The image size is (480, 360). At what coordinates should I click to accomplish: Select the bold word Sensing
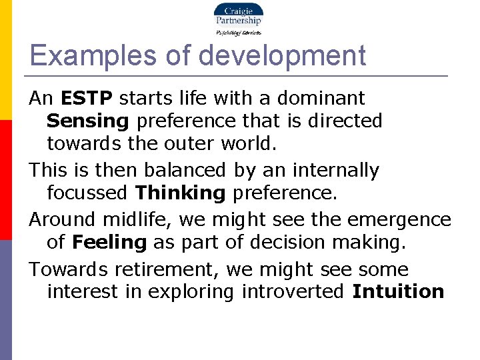click(x=87, y=121)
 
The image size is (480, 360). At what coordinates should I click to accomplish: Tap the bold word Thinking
click(x=181, y=193)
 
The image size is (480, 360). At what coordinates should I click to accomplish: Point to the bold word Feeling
click(x=109, y=242)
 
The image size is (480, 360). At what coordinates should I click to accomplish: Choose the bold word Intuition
click(x=398, y=291)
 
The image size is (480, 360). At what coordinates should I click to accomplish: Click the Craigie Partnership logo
click(x=238, y=18)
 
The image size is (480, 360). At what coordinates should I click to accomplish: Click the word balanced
click(x=189, y=170)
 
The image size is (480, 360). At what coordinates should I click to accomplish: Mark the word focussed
click(x=88, y=193)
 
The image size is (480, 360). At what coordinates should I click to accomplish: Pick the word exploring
click(x=197, y=292)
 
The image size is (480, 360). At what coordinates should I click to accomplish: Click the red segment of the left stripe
click(x=5, y=180)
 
